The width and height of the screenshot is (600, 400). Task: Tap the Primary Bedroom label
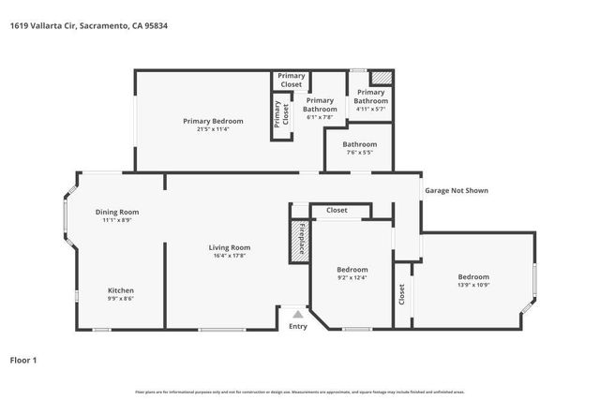[x=213, y=121]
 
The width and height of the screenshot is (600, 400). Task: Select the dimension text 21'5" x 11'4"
[x=213, y=129]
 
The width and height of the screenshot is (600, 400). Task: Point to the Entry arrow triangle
[x=297, y=315]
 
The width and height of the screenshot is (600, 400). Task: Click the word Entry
[x=297, y=327]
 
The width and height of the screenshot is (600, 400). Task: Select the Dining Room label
[x=117, y=212]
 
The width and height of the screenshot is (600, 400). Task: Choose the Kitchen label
[x=120, y=290]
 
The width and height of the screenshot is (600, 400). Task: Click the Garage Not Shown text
[x=457, y=191]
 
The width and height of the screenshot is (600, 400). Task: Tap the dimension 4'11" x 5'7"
[x=370, y=109]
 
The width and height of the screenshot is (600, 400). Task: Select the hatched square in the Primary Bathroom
[x=382, y=79]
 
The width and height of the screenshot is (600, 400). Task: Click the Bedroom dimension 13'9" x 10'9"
[x=473, y=285]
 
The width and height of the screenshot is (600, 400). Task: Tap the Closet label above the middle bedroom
[x=337, y=211]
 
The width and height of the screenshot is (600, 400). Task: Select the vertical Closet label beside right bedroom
[x=401, y=295]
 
